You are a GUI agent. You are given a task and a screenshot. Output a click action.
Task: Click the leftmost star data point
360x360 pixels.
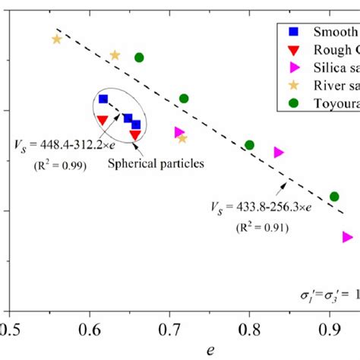coord(56,39)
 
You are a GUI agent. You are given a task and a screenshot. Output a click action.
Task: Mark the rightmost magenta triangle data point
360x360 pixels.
coord(348,237)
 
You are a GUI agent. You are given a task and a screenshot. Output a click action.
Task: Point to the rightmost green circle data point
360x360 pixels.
coord(334,197)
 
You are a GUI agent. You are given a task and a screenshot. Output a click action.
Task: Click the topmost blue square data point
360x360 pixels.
coord(103,99)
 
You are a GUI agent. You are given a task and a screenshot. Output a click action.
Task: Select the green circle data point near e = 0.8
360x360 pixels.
coord(249,145)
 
